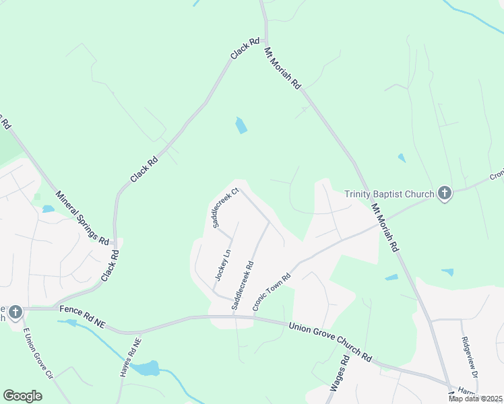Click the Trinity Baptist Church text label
pos(389,194)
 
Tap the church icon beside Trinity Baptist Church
pos(444,194)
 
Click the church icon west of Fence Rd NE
pos(15,312)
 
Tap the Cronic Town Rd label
pos(272,292)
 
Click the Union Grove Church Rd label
pos(330,341)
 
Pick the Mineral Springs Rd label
pos(83,217)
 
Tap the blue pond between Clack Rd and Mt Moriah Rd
pos(241,125)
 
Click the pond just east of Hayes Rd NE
pos(146,368)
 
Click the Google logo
pos(23,396)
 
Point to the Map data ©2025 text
pos(476,399)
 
